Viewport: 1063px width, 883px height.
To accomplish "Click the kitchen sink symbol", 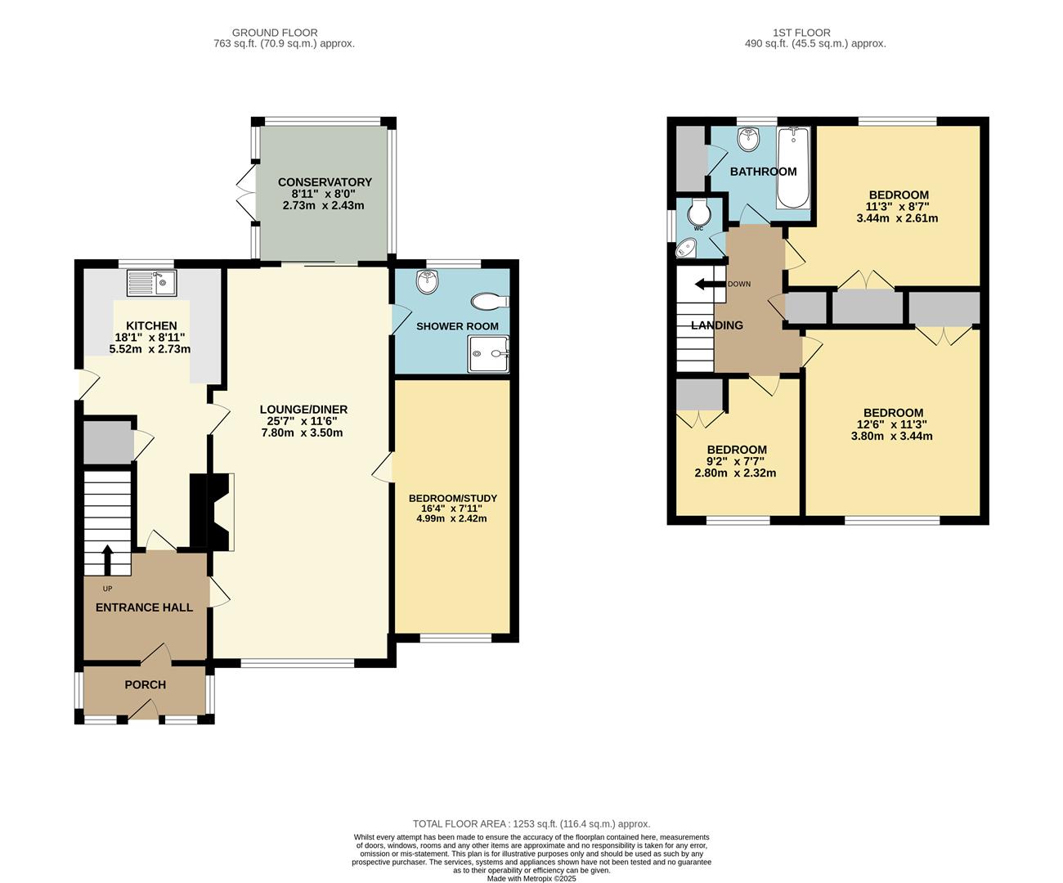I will click(x=152, y=284).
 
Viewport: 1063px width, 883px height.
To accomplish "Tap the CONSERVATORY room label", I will click(x=325, y=182).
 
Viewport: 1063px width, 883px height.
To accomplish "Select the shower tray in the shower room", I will click(x=488, y=355).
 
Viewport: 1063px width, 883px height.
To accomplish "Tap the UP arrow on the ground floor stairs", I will click(x=107, y=560).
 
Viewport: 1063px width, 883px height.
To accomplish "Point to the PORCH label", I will click(x=145, y=684).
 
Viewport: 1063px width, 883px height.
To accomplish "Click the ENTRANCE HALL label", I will click(x=144, y=607).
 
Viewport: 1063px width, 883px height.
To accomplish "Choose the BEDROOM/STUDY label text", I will click(x=452, y=498).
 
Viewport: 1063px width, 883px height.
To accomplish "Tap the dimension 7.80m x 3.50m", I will click(x=302, y=433).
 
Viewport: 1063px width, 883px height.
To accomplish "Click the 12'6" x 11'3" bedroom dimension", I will click(x=892, y=424).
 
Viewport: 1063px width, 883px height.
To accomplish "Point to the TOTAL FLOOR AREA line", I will click(x=531, y=824).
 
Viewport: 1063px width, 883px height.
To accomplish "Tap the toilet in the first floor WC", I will click(x=699, y=213).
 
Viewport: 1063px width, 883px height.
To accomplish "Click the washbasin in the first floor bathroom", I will click(x=748, y=139).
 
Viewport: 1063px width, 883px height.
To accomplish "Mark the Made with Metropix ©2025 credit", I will click(x=531, y=879).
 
